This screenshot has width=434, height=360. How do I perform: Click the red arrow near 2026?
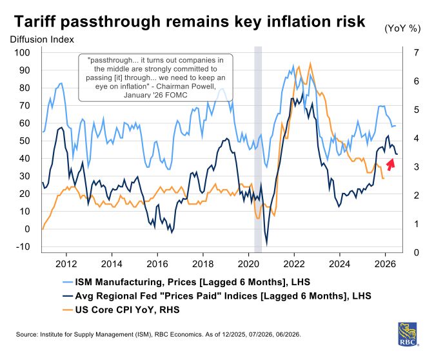coord(390,162)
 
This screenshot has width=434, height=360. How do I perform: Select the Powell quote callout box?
coord(155,77)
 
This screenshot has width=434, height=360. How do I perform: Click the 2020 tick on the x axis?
coord(248,263)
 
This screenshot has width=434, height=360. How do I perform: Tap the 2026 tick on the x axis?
coord(385,263)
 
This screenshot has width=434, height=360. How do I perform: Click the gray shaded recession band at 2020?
coord(258,148)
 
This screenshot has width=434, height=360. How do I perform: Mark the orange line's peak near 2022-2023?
coord(311,63)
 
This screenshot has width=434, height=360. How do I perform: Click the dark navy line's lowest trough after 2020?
coord(266,243)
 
